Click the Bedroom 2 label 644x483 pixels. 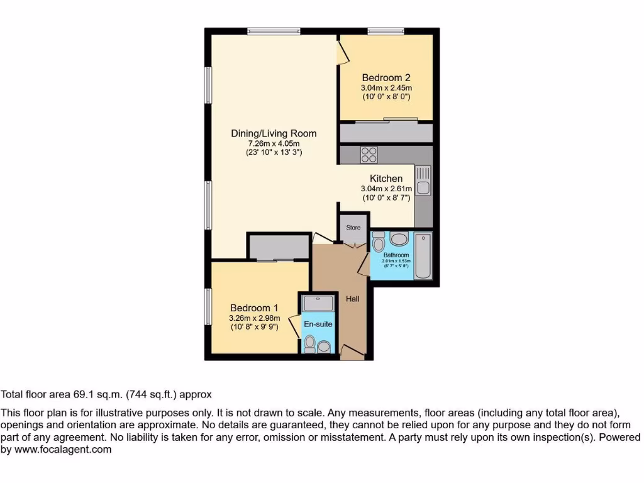pyautogui.click(x=386, y=78)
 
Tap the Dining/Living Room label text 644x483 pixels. pyautogui.click(x=274, y=133)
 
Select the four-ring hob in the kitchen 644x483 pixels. pyautogui.click(x=368, y=154)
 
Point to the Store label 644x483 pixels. pyautogui.click(x=353, y=228)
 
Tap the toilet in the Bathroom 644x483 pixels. pyautogui.click(x=379, y=242)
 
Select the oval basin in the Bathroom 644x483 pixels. pyautogui.click(x=399, y=239)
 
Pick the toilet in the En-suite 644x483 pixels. pyautogui.click(x=309, y=343)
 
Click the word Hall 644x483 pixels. pyautogui.click(x=352, y=299)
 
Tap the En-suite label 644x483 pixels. pyautogui.click(x=318, y=325)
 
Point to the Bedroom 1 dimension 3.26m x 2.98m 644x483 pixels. pyautogui.click(x=254, y=318)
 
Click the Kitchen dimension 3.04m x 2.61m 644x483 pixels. pyautogui.click(x=386, y=189)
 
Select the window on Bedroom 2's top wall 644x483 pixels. pyautogui.click(x=386, y=30)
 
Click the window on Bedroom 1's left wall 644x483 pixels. pyautogui.click(x=208, y=306)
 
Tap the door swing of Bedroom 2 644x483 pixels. pyautogui.click(x=343, y=50)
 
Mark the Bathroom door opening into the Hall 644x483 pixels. pyautogui.click(x=364, y=265)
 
